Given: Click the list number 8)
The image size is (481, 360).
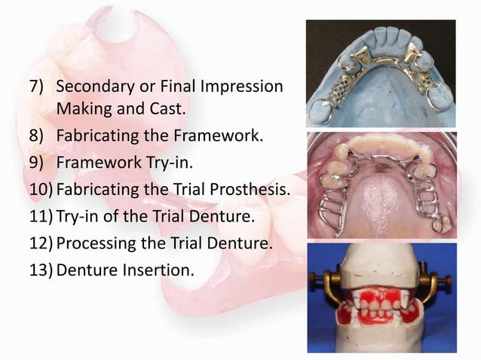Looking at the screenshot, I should click(39, 137).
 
